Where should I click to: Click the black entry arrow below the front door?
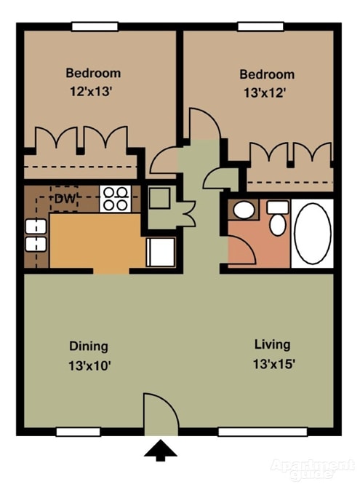click(160, 450)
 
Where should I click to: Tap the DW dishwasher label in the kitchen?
click(65, 197)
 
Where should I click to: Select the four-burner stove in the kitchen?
click(115, 199)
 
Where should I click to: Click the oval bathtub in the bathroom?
click(312, 233)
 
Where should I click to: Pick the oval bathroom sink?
click(244, 210)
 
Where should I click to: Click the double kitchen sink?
click(36, 236)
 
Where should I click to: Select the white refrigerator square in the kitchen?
click(160, 252)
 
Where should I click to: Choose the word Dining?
click(89, 346)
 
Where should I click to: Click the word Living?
click(273, 344)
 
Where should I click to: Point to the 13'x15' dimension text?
click(273, 364)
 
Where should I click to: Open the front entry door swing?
click(159, 413)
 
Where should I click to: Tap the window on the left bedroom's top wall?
click(95, 27)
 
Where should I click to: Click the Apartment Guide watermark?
click(313, 469)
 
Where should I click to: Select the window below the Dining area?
click(78, 432)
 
